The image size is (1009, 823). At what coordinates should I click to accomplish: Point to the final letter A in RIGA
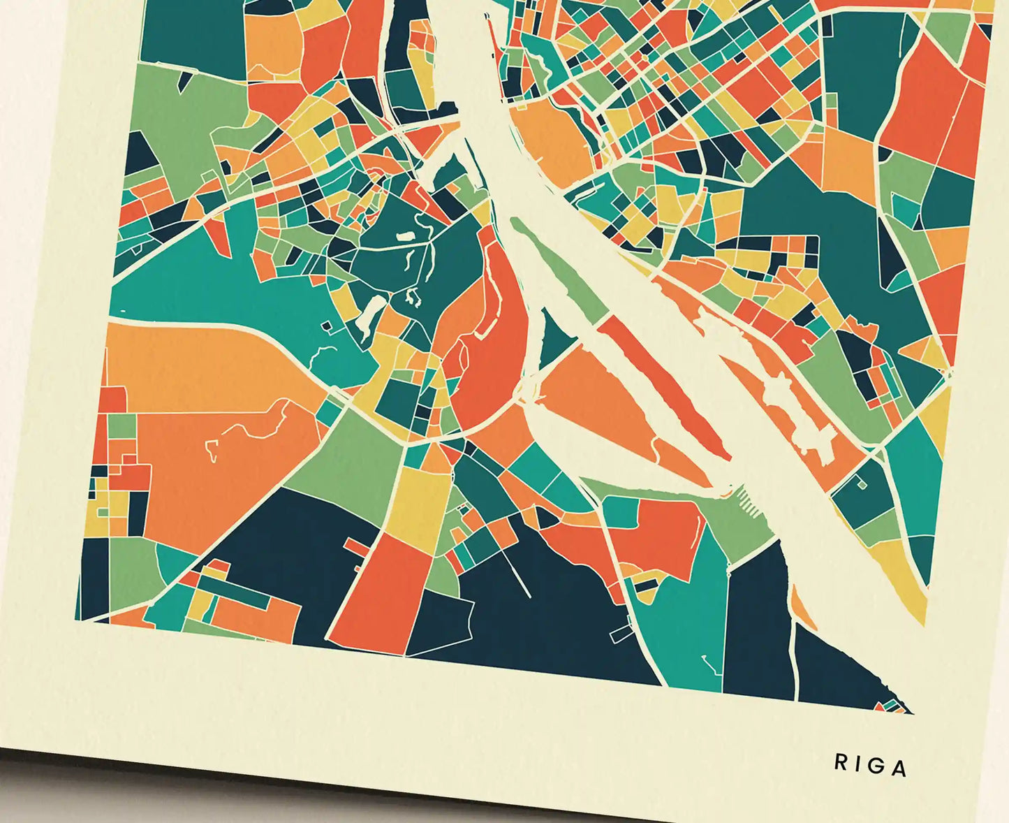(900, 769)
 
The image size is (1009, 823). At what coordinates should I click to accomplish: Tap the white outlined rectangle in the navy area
(621, 634)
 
